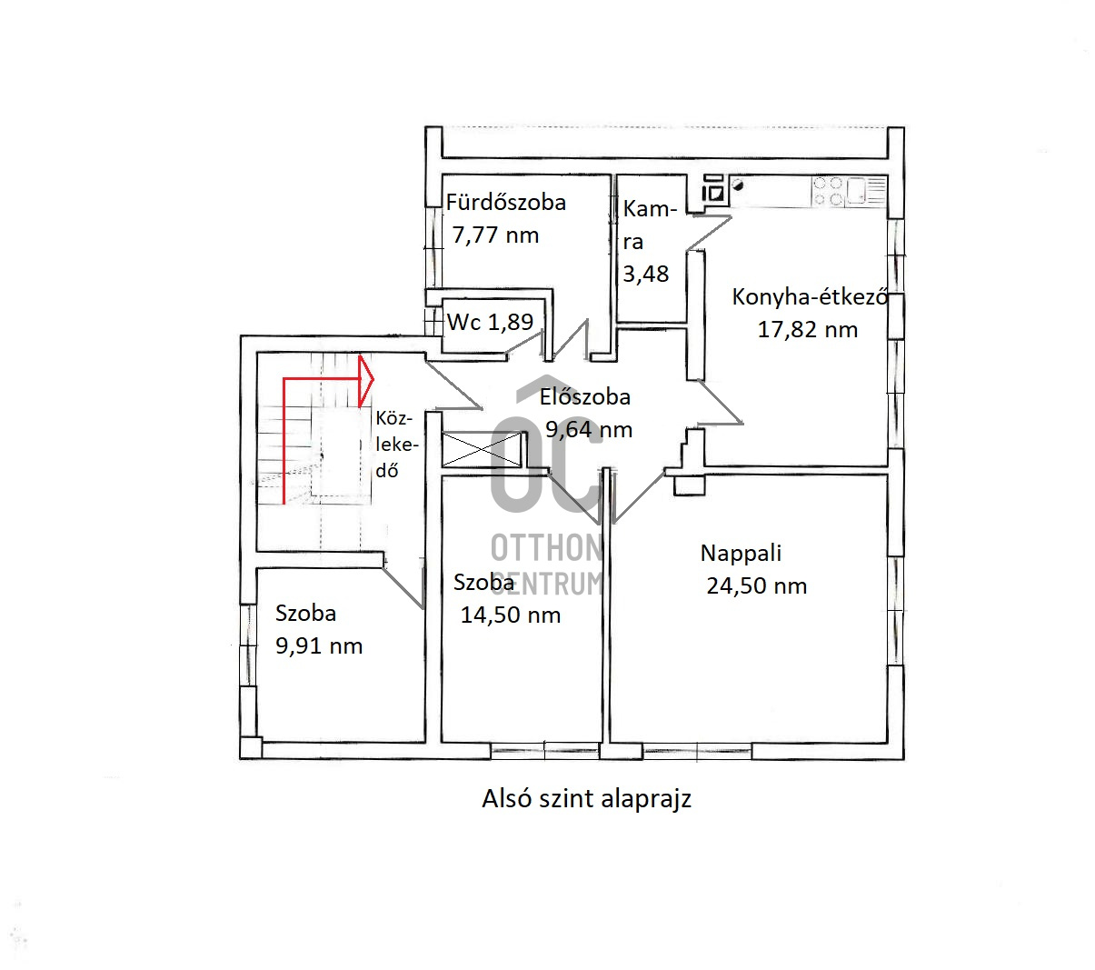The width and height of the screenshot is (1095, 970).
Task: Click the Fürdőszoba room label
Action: click(506, 202)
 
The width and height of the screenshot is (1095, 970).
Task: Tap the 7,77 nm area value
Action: click(495, 235)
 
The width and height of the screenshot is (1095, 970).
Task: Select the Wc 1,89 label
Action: click(490, 322)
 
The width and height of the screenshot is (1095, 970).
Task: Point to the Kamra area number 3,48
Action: click(646, 274)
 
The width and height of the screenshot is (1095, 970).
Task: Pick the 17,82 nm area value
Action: click(808, 329)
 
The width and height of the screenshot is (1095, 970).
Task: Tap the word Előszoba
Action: click(585, 397)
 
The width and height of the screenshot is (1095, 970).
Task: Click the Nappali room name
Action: click(741, 554)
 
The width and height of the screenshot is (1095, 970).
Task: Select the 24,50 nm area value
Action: click(757, 585)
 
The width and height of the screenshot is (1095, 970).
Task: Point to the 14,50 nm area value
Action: click(510, 615)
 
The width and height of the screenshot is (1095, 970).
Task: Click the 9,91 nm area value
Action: click(319, 645)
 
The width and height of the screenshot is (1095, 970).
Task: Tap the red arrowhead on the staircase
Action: click(366, 380)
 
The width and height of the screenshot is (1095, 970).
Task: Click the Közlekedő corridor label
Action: click(397, 445)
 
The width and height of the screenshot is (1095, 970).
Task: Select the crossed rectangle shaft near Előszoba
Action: click(483, 449)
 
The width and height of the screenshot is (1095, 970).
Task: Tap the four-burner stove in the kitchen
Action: click(829, 192)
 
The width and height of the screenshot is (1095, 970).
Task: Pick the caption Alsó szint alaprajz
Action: click(586, 799)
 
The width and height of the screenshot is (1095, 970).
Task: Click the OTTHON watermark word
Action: click(547, 547)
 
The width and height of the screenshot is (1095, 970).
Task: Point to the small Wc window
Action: click(433, 322)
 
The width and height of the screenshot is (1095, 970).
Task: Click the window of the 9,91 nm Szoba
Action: click(248, 645)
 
